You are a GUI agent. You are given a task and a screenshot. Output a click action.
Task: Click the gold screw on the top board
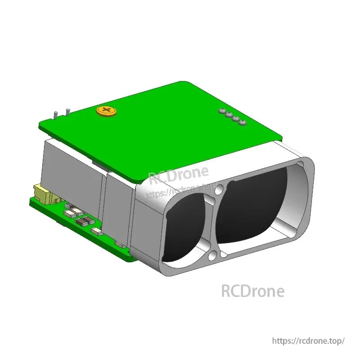(x=107, y=111)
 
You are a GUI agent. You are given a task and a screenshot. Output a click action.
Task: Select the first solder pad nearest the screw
(x=221, y=110)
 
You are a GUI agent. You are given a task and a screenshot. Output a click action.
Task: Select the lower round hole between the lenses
(x=212, y=256)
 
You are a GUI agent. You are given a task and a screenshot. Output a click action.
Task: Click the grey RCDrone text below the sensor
(x=252, y=291)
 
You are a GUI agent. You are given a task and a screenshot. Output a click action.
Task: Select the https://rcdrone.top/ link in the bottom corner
(x=309, y=341)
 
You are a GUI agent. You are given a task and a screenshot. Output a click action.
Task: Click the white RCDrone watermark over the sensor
(x=179, y=175)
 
